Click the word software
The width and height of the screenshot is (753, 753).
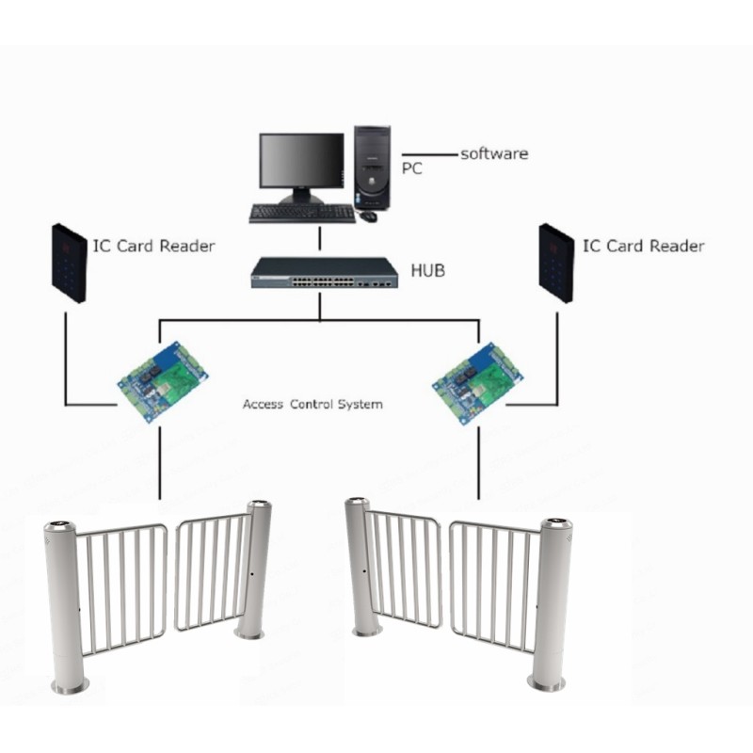pyautogui.click(x=494, y=153)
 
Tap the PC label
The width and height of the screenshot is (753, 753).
pyautogui.click(x=412, y=168)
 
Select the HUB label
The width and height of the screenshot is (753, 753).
pyautogui.click(x=428, y=270)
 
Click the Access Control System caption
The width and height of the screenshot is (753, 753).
pyautogui.click(x=312, y=405)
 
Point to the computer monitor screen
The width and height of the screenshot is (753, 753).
pyautogui.click(x=301, y=160)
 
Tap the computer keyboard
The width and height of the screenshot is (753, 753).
pyautogui.click(x=302, y=214)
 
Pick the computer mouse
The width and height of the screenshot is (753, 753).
pyautogui.click(x=368, y=216)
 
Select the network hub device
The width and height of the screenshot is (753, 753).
pyautogui.click(x=324, y=273)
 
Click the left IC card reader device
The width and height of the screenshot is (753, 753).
pyautogui.click(x=69, y=264)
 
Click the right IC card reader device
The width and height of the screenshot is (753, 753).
pyautogui.click(x=556, y=264)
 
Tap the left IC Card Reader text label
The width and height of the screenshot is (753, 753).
pyautogui.click(x=153, y=246)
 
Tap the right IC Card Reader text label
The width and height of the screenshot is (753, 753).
pyautogui.click(x=644, y=246)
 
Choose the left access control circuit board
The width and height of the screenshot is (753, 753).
pyautogui.click(x=163, y=382)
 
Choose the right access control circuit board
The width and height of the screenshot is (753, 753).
pyautogui.click(x=477, y=383)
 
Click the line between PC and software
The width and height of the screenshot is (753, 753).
pyautogui.click(x=430, y=154)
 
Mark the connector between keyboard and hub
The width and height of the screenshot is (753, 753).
pyautogui.click(x=320, y=238)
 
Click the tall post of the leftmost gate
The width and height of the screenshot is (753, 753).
pyautogui.click(x=66, y=607)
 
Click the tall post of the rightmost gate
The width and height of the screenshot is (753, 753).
pyautogui.click(x=552, y=604)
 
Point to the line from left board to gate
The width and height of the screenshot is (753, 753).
pyautogui.click(x=160, y=463)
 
